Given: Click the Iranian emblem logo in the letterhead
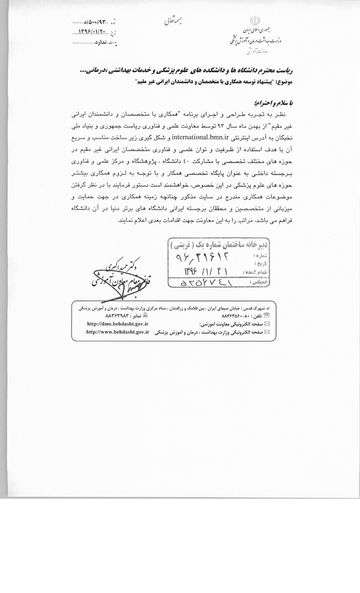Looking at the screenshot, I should [254, 22].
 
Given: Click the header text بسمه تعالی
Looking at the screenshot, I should [173, 21].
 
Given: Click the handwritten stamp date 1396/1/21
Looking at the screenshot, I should [206, 271].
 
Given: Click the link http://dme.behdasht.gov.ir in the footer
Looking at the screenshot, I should [118, 324].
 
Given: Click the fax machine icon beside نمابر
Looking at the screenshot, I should [145, 315].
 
